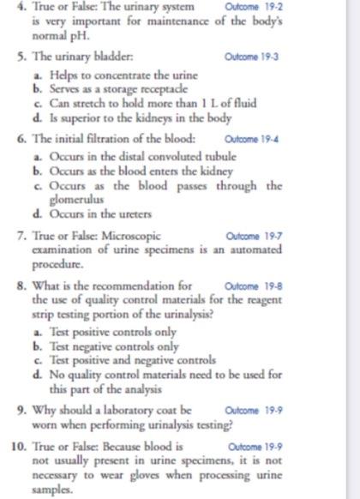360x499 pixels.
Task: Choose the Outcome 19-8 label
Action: [250, 286]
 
